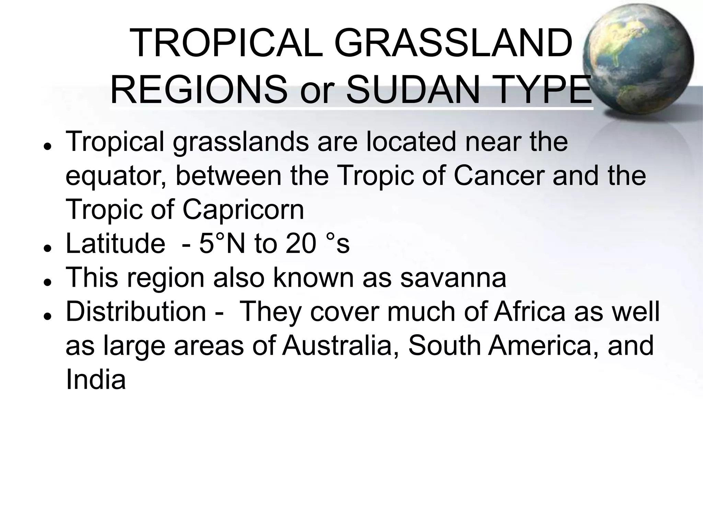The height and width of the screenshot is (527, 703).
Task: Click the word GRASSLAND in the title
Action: click(453, 44)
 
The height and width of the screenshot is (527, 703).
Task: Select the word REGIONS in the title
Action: click(199, 90)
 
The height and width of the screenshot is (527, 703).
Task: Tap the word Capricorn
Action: click(243, 210)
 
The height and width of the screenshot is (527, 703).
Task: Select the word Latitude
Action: click(115, 244)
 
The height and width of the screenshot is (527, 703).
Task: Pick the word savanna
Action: click(453, 278)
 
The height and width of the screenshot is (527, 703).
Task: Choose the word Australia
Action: click(337, 346)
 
